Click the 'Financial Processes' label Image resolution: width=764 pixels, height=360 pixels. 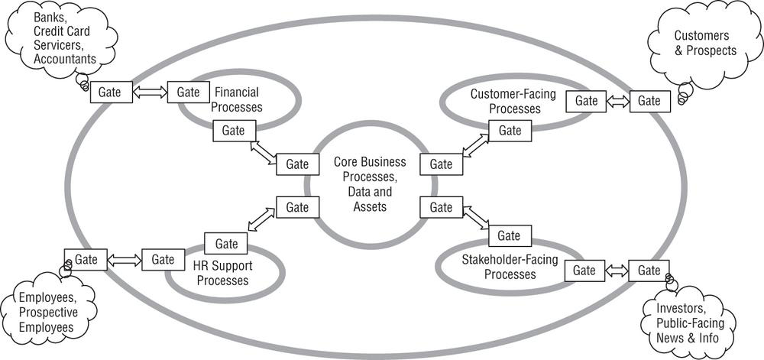tap(238, 99)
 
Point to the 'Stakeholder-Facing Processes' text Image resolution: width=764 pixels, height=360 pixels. tap(510, 267)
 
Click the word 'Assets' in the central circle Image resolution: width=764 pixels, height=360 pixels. tap(369, 206)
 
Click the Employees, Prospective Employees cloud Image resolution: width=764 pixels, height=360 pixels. tap(47, 313)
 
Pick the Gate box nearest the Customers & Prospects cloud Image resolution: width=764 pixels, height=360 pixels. tap(649, 100)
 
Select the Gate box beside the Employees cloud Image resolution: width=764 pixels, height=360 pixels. tap(86, 259)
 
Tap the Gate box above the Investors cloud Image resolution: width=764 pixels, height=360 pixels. tap(649, 270)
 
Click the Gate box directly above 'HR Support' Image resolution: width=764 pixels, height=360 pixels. tap(226, 244)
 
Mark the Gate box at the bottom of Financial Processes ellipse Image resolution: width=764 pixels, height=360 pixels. tap(234, 130)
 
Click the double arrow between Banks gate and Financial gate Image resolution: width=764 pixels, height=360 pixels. tap(149, 92)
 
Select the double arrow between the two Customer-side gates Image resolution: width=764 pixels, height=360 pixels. tap(617, 101)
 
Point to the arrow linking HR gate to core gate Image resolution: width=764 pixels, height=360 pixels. tap(261, 219)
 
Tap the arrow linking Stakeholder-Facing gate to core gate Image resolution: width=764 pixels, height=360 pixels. tap(476, 217)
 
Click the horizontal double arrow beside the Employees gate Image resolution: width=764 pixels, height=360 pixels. tap(125, 260)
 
